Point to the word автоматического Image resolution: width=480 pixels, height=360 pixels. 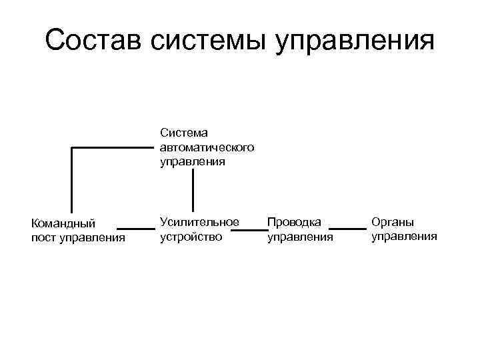207,147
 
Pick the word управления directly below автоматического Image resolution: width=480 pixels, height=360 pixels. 193,161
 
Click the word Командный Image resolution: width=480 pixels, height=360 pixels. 64,223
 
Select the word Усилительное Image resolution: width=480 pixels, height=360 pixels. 199,222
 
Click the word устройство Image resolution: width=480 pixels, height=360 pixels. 191,236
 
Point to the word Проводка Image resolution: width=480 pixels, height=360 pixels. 294,222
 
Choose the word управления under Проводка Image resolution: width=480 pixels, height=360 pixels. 299,236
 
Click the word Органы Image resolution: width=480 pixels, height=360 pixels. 393,221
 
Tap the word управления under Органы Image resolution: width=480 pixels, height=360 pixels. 404,235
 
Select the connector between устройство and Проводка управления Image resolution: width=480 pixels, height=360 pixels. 253,230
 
